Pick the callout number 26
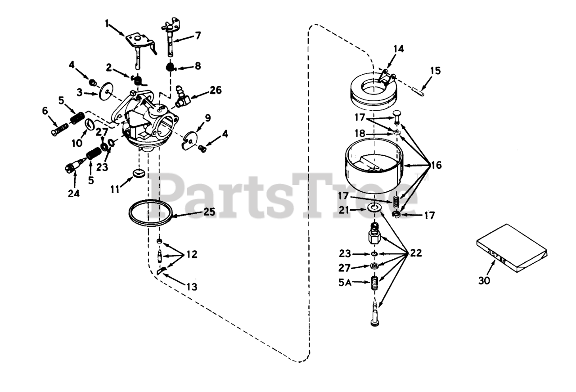click(x=216, y=90)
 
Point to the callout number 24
click(x=74, y=194)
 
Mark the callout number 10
click(x=79, y=143)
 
